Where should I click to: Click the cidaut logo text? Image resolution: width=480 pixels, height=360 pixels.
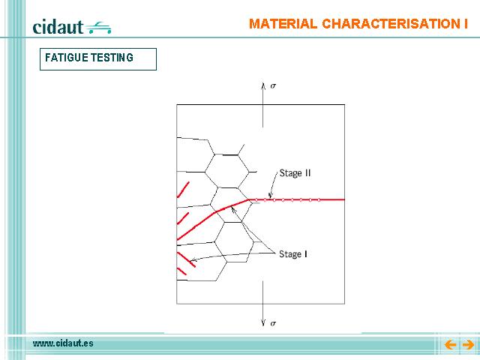[58, 27]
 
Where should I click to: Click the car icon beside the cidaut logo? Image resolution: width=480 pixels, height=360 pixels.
[98, 28]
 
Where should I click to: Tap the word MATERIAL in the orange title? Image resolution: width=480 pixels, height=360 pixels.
[283, 24]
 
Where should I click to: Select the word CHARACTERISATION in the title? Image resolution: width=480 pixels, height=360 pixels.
[388, 24]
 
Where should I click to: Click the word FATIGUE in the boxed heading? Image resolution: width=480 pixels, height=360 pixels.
[67, 58]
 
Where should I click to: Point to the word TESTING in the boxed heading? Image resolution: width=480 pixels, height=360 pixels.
[112, 58]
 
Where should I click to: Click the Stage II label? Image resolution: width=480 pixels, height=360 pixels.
[295, 173]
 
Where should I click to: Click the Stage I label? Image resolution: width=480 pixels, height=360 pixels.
[293, 254]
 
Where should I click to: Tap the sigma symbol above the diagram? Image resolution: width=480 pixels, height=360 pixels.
[273, 86]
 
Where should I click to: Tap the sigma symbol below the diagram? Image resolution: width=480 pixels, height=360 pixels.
[273, 323]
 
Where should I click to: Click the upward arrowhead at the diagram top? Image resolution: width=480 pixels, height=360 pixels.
[263, 85]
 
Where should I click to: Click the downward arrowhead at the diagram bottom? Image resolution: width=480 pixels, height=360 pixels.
[263, 322]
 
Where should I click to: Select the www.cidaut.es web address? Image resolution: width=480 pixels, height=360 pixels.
[63, 343]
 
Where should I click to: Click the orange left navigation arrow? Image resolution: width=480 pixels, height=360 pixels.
[450, 345]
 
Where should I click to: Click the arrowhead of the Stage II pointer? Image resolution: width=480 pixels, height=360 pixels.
[270, 195]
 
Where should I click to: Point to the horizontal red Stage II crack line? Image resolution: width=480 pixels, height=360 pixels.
[296, 200]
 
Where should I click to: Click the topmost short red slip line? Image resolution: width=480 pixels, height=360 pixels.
[183, 190]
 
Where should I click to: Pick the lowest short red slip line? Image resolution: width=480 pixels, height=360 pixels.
[181, 271]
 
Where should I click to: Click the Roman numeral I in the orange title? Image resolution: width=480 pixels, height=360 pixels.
[466, 24]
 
